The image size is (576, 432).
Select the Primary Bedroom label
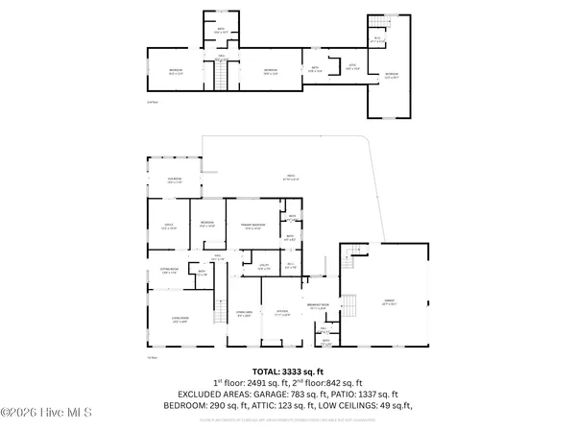tap(252, 228)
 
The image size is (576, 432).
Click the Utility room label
tap(261, 267)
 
